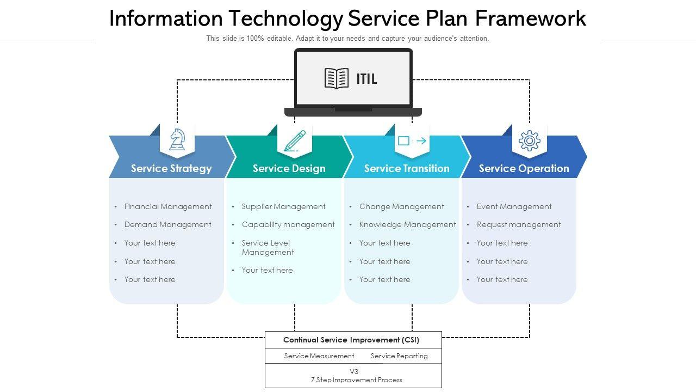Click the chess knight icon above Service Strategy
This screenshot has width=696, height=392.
point(177,139)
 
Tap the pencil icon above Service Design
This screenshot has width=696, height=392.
point(295,140)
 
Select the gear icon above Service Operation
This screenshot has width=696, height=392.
point(529,140)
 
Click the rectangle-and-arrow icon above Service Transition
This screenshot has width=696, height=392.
point(412,141)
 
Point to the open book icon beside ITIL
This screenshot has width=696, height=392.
point(337,78)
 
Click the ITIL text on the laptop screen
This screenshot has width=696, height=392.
point(366,79)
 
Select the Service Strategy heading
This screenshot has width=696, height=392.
point(171,168)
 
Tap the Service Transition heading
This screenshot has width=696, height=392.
point(407,168)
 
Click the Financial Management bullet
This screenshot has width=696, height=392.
point(168,206)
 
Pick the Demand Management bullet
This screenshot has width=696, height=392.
point(167,224)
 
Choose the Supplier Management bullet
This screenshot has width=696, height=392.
point(283,206)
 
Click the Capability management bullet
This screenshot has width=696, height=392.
point(288,224)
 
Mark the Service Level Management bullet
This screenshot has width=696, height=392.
point(268,248)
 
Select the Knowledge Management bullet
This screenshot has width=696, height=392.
point(407,224)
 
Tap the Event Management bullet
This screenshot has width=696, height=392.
point(514,206)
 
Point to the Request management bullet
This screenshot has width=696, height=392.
point(519,224)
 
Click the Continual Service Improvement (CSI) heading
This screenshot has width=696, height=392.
point(351,340)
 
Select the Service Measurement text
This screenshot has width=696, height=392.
point(319,356)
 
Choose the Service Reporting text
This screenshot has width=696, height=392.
point(399,356)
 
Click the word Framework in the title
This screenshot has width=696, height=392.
point(531,19)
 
